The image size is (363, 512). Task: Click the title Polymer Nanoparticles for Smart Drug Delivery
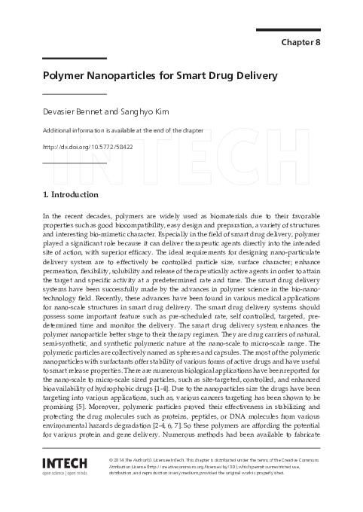point(160,76)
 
